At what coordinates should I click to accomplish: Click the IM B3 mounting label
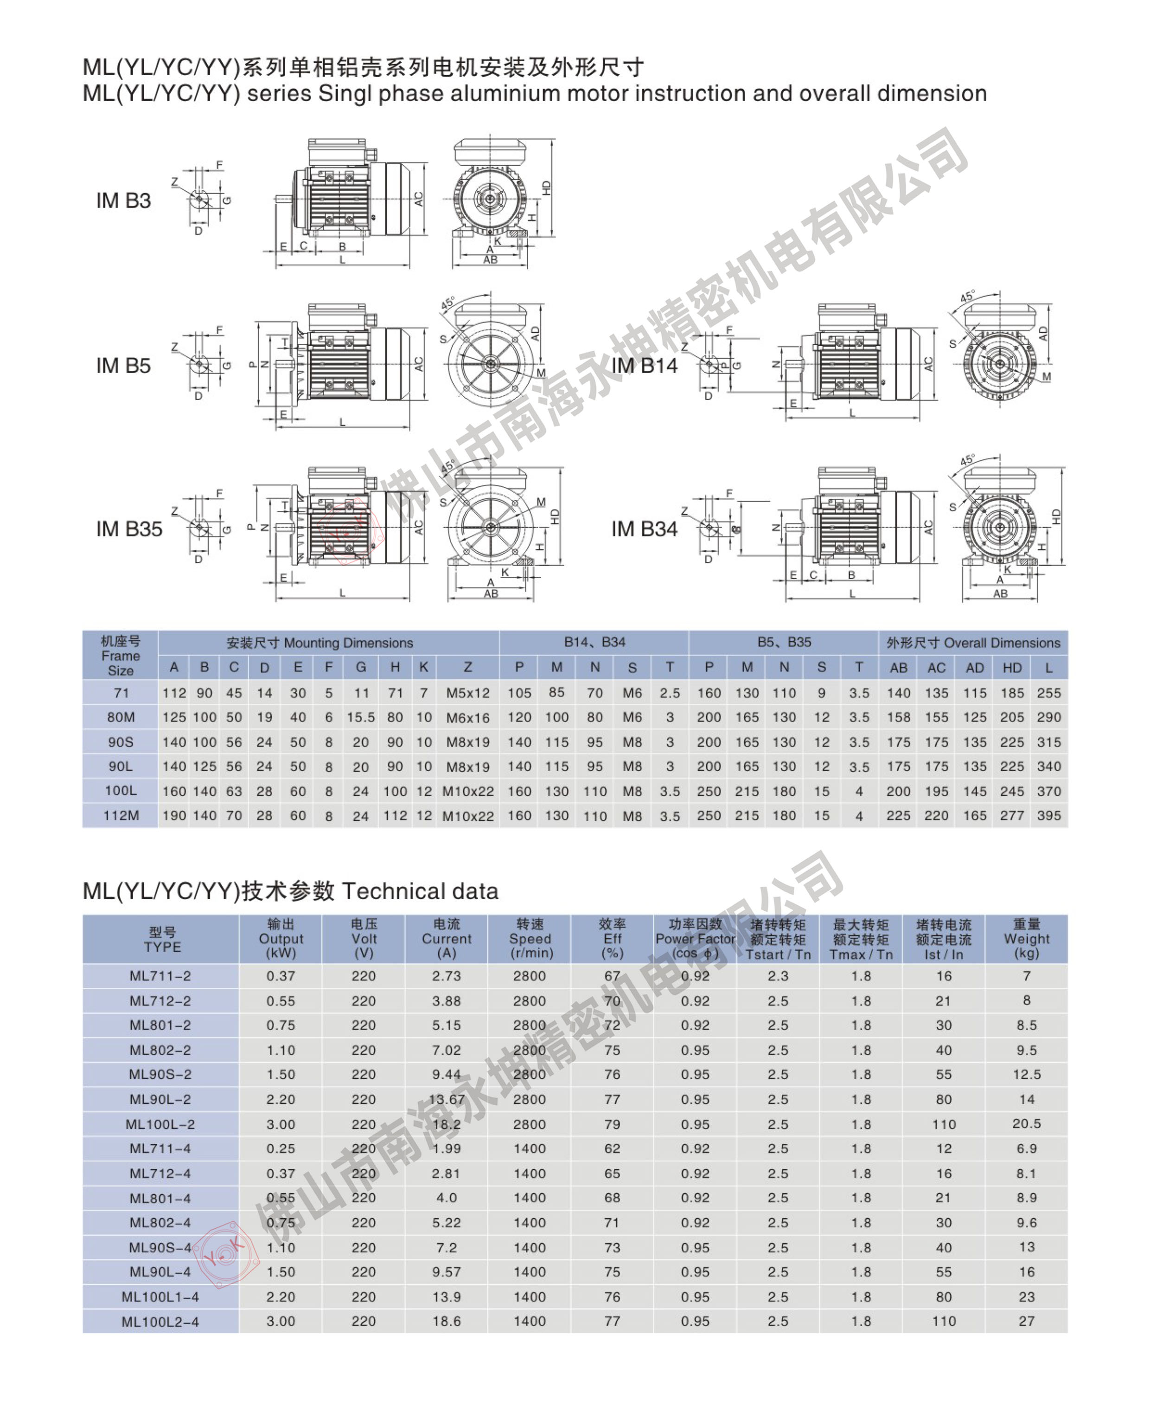(x=123, y=201)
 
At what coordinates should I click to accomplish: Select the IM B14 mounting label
(x=644, y=366)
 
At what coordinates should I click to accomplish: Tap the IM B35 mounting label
(x=129, y=529)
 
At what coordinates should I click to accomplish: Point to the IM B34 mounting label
(x=644, y=529)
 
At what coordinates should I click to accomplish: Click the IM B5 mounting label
(x=123, y=366)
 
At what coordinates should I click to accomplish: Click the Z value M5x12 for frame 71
(x=468, y=693)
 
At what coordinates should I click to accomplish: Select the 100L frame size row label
(x=121, y=791)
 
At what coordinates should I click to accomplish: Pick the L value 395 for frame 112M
(x=1048, y=815)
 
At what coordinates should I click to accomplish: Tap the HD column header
(x=1011, y=668)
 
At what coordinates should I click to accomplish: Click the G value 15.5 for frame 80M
(x=360, y=718)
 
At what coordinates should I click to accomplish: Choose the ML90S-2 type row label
(x=160, y=1074)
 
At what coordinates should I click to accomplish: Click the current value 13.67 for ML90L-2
(x=447, y=1100)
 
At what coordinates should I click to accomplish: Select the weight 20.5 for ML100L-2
(x=1026, y=1124)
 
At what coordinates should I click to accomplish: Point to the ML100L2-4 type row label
(x=160, y=1322)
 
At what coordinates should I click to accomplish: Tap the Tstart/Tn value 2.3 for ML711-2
(x=778, y=976)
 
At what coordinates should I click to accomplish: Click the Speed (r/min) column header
(x=530, y=939)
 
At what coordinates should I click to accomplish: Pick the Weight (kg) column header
(x=1026, y=939)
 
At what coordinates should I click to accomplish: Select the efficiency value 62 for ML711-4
(x=612, y=1148)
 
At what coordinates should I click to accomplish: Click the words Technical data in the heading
(x=420, y=891)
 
